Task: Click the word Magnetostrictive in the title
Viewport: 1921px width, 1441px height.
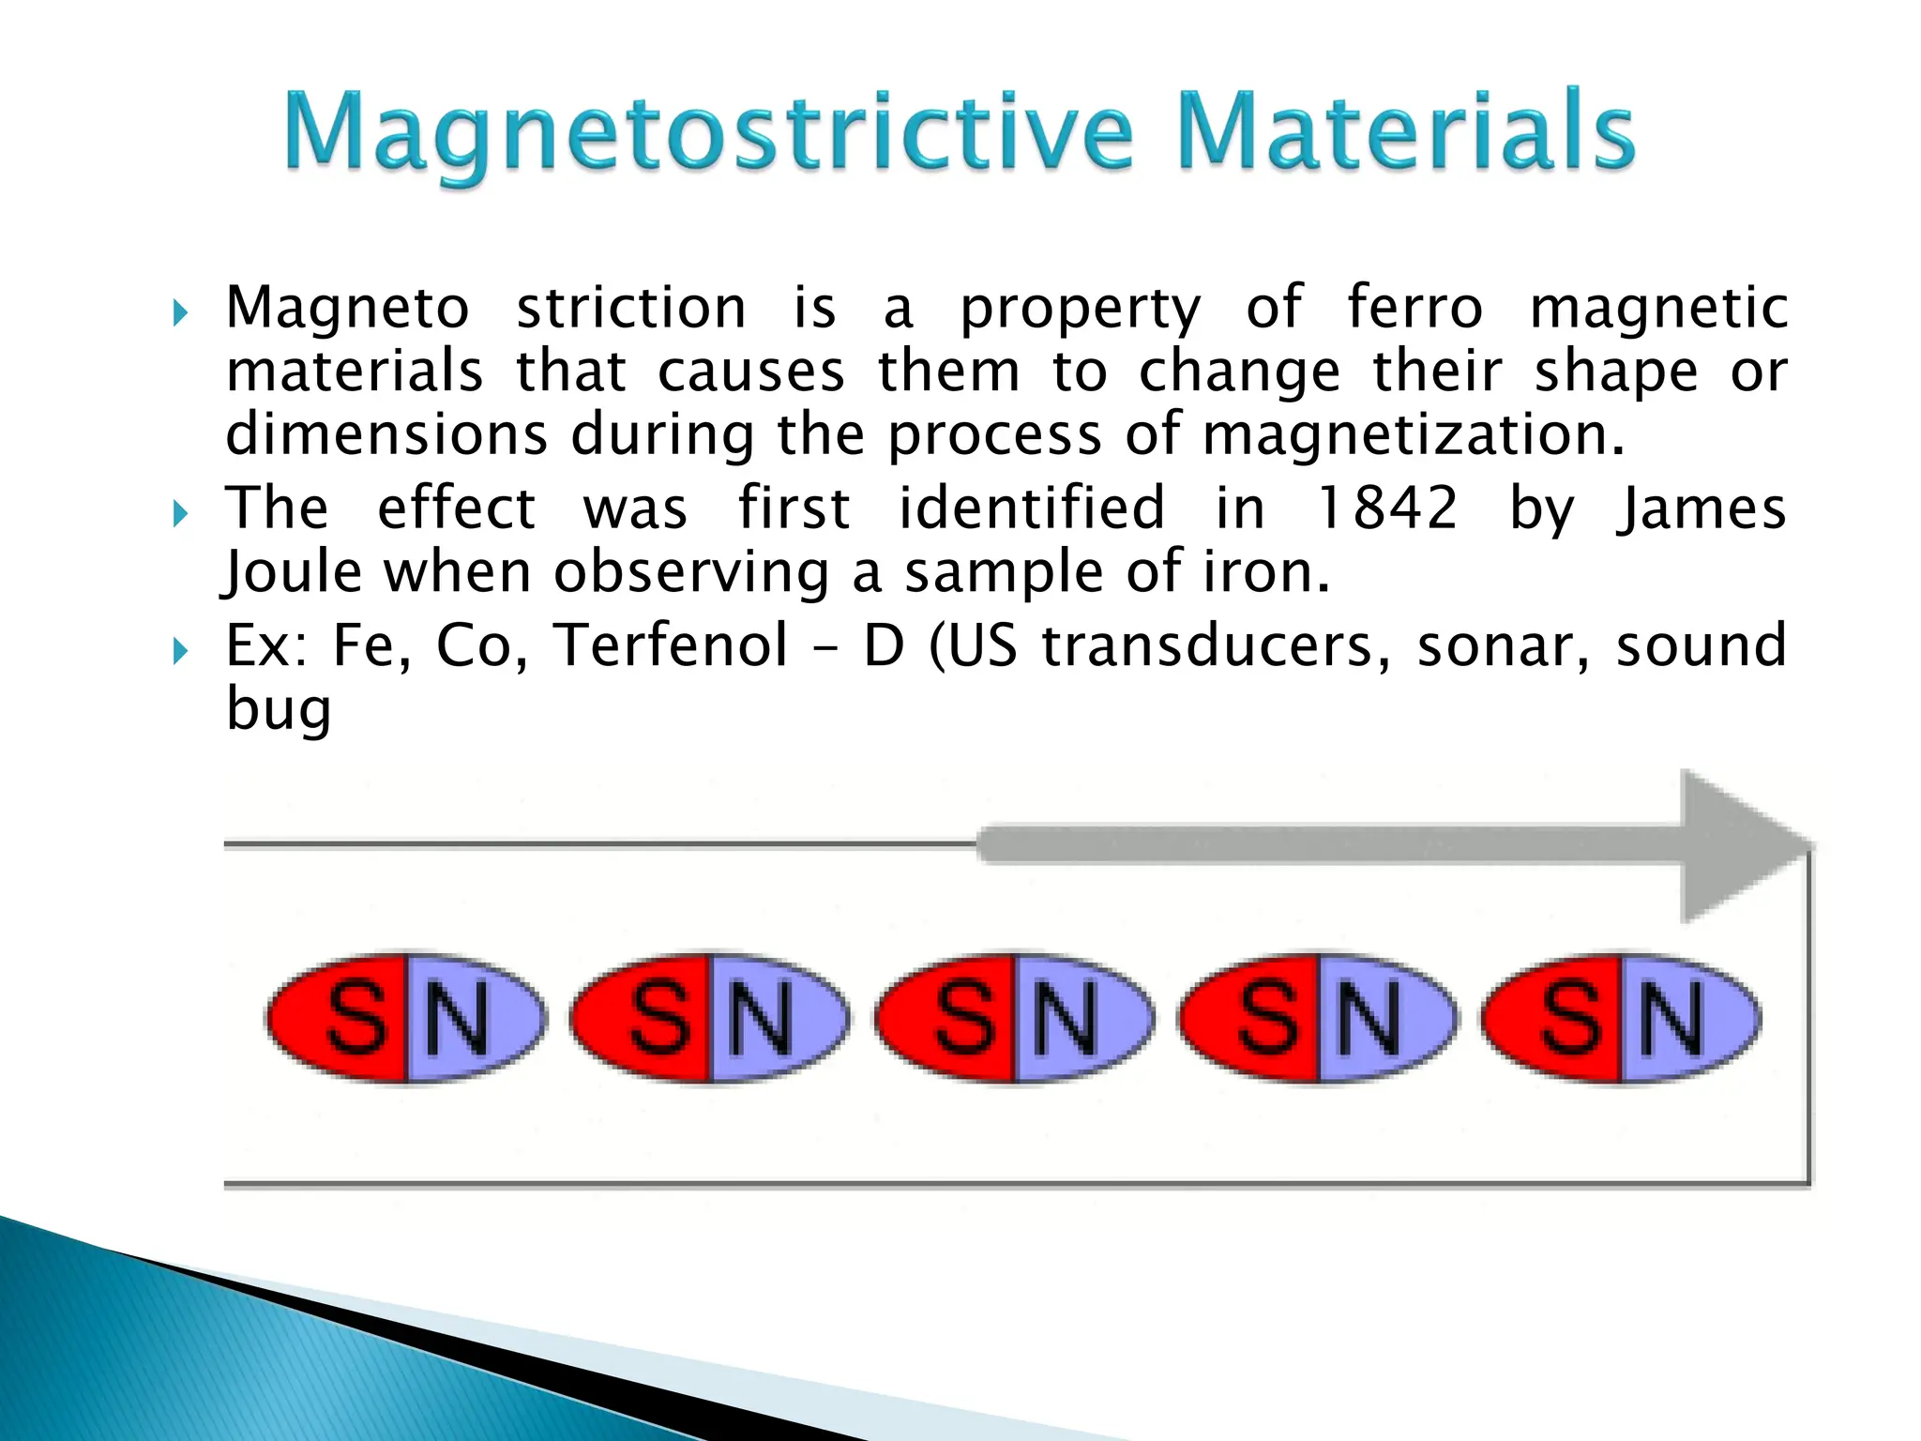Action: tap(708, 133)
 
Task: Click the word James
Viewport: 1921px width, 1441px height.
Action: tap(1701, 508)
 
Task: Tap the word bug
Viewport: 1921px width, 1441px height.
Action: tap(279, 711)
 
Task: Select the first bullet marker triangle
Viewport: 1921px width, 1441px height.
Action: tap(181, 312)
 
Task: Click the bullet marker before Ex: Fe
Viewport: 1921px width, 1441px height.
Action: tap(181, 650)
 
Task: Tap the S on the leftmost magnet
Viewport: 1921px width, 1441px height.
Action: tap(356, 1018)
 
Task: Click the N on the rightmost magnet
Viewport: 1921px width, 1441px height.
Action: tap(1672, 1018)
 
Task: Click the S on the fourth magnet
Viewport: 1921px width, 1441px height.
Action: tap(1268, 1018)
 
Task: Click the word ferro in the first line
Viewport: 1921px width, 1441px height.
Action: tap(1414, 308)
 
